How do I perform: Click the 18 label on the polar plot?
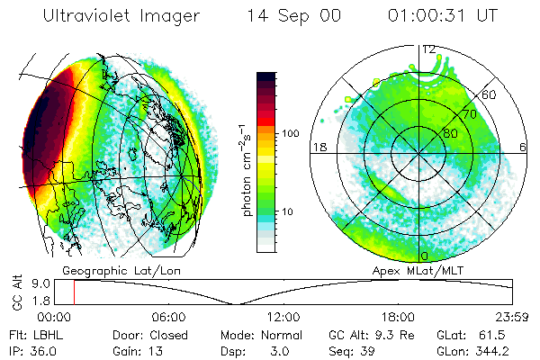coord(318,147)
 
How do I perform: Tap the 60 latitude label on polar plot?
coord(490,94)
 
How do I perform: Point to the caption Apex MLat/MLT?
coord(448,269)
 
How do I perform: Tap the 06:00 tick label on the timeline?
coord(167,317)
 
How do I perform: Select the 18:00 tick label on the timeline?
coord(398,317)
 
